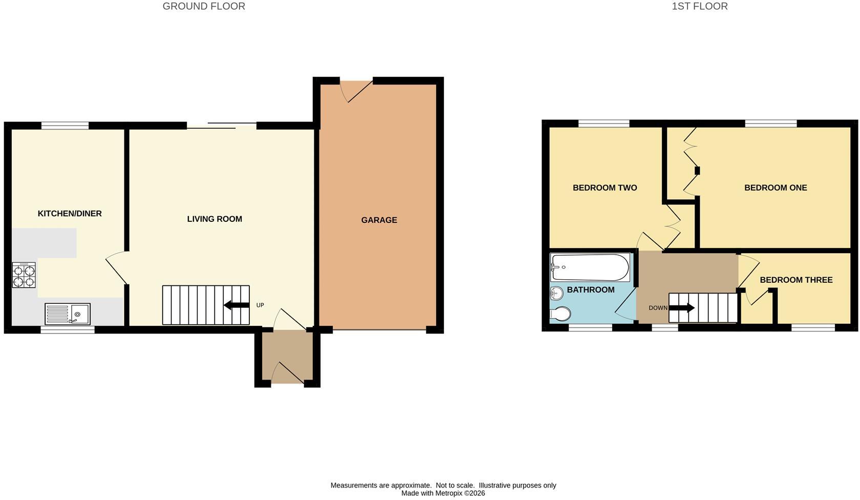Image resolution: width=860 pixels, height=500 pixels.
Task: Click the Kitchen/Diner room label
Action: click(70, 214)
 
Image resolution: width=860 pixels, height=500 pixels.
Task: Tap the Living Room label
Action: click(214, 219)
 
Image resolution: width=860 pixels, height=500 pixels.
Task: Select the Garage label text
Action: click(379, 220)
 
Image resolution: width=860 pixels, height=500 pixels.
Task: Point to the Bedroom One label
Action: click(776, 188)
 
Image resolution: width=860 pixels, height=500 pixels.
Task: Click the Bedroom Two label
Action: click(605, 188)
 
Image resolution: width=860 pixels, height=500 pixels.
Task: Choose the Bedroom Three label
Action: click(797, 280)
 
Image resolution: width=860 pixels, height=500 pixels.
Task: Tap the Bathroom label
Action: click(591, 290)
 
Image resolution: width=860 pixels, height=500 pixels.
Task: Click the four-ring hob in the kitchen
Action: click(24, 275)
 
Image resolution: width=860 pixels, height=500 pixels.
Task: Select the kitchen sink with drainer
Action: click(68, 314)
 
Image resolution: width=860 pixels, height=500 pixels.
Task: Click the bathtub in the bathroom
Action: click(590, 267)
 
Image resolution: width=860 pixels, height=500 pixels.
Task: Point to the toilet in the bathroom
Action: click(560, 314)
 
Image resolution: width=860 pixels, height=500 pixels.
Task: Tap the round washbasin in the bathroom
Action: click(556, 294)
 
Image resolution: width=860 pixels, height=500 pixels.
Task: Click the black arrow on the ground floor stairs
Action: click(236, 305)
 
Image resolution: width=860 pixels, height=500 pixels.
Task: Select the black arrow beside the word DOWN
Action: click(682, 308)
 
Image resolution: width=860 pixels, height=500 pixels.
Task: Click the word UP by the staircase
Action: click(260, 305)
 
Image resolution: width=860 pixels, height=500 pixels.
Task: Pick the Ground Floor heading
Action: click(204, 7)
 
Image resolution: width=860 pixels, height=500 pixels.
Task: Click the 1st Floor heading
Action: click(699, 7)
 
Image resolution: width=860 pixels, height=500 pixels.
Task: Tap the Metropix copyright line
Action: click(443, 493)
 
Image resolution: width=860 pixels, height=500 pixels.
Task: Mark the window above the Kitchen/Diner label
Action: click(65, 126)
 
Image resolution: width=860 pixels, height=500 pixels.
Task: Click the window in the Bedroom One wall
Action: click(771, 123)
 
